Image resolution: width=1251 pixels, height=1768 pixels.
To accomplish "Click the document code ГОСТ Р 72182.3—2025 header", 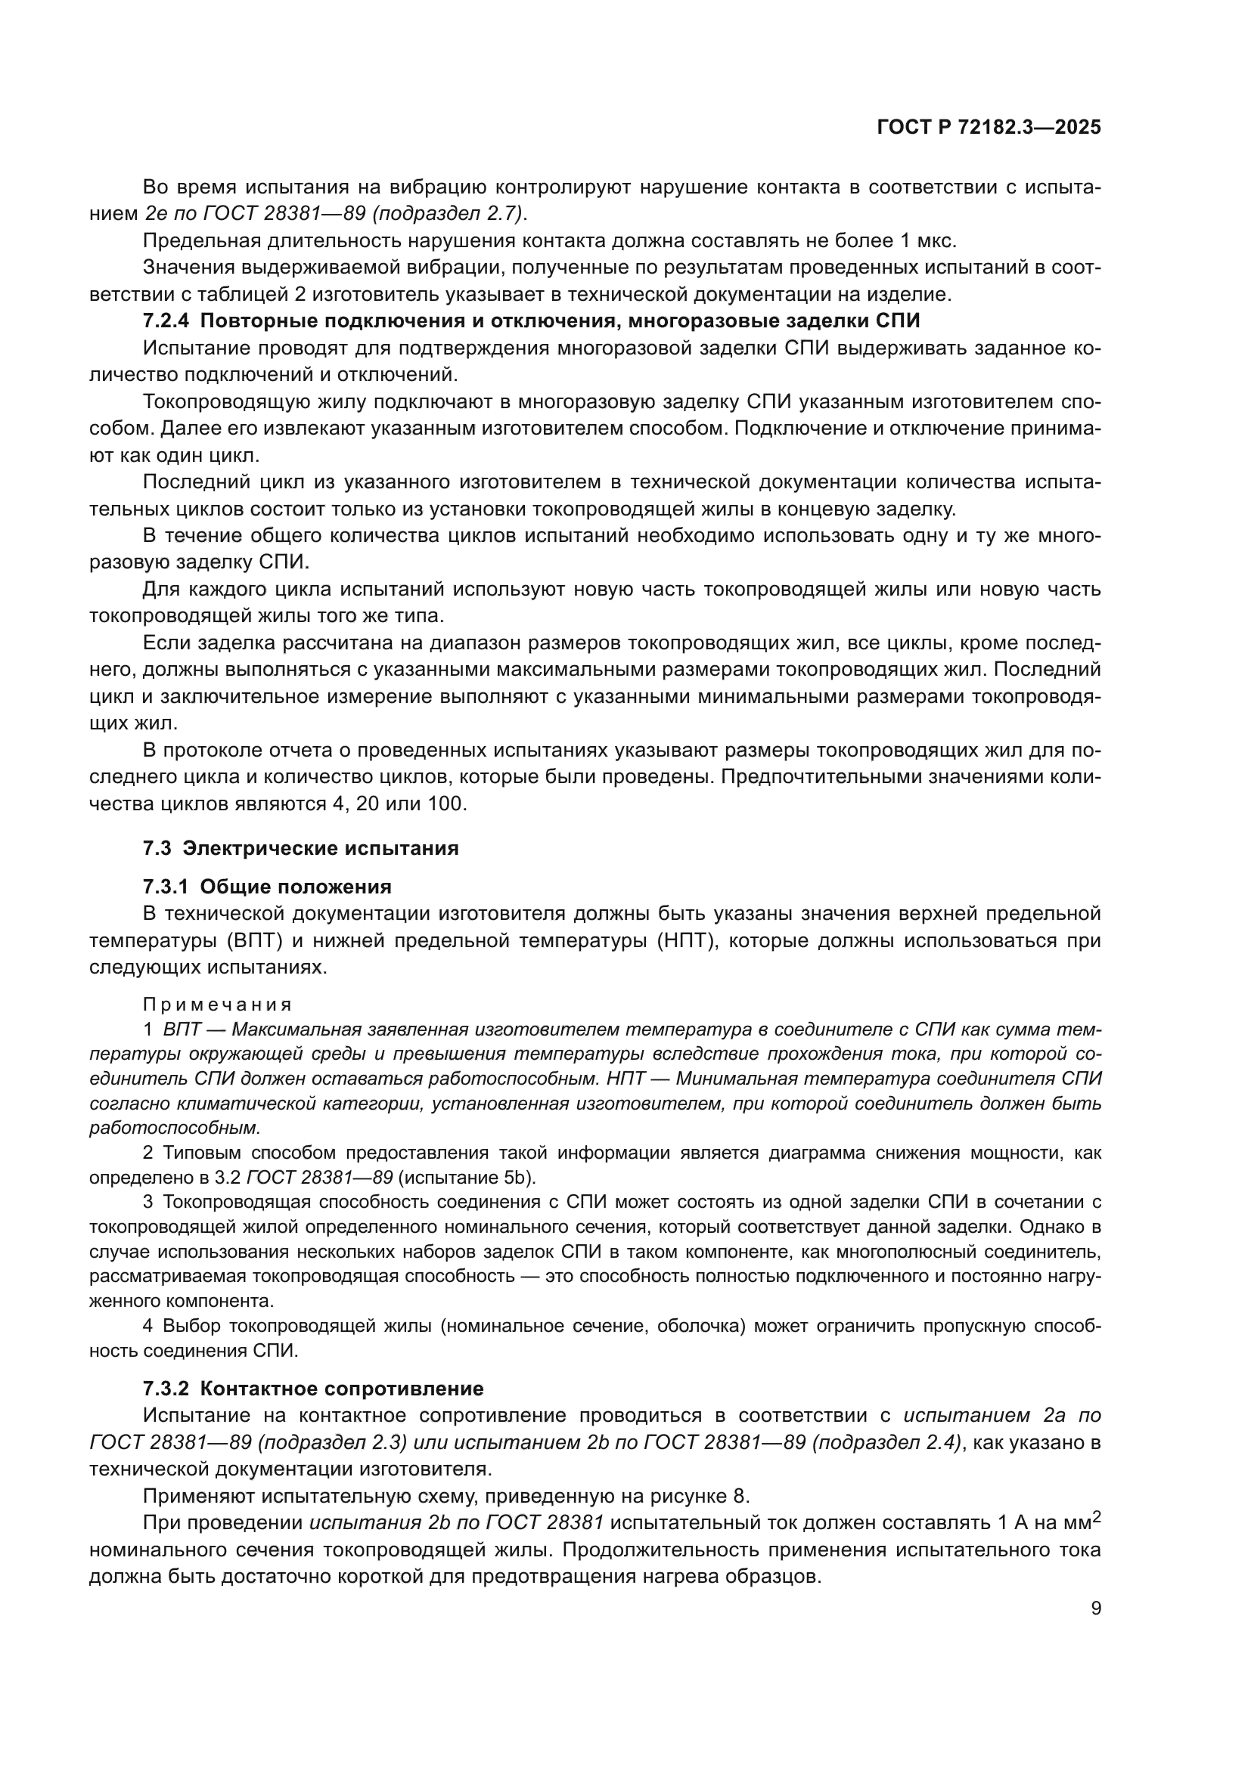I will click(989, 127).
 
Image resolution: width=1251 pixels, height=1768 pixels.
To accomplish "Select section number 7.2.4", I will click(166, 321).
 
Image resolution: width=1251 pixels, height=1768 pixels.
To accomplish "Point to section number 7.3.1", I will click(166, 887).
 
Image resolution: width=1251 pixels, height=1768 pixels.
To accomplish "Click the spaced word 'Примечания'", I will click(217, 1004).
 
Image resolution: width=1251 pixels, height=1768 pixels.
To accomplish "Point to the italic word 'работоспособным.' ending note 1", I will click(175, 1128).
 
